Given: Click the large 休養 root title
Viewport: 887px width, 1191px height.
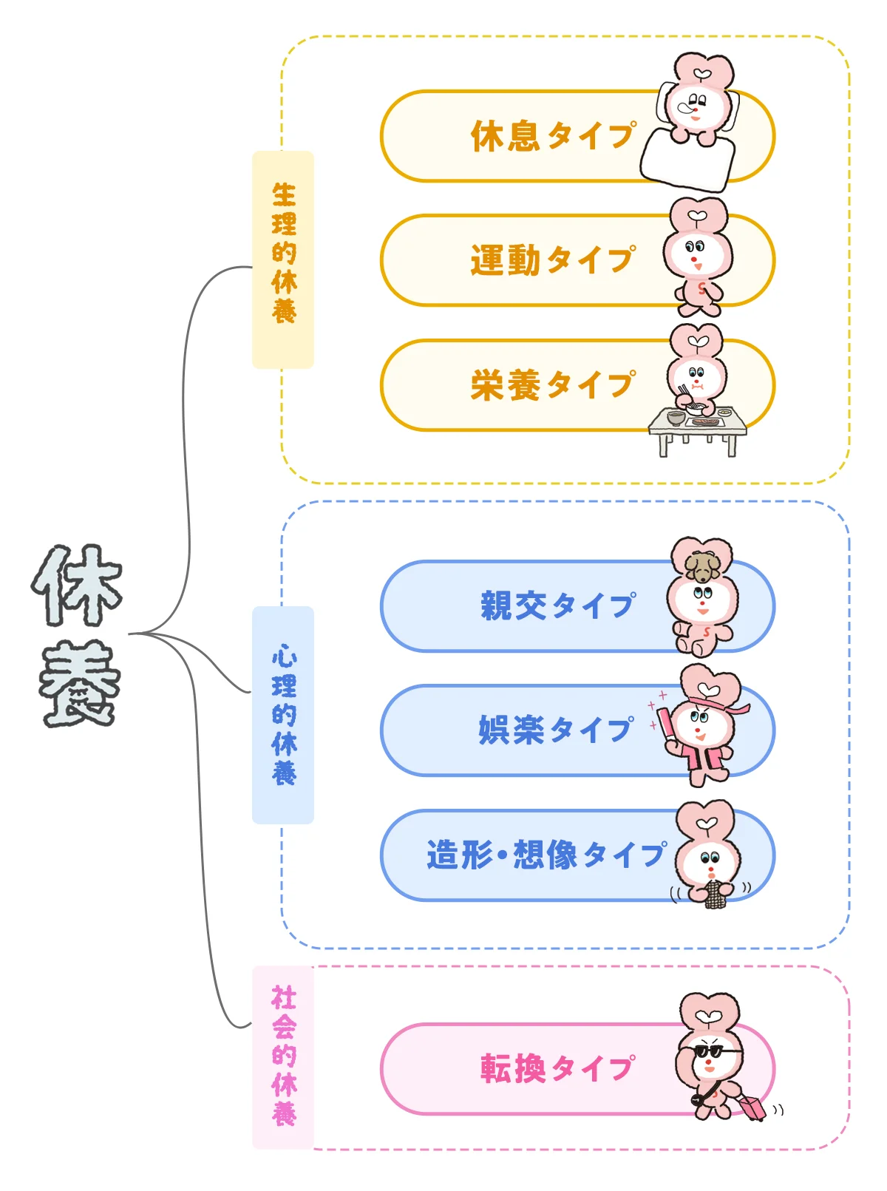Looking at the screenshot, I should click(x=78, y=636).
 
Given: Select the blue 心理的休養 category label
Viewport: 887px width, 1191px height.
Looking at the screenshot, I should click(x=283, y=714).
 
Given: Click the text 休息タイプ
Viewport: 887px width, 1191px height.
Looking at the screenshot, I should click(x=553, y=137).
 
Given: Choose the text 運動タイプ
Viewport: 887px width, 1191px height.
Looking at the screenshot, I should click(x=553, y=260).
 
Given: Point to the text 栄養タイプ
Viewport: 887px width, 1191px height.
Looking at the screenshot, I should click(x=553, y=385).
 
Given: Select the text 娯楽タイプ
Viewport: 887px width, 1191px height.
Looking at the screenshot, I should click(x=556, y=730).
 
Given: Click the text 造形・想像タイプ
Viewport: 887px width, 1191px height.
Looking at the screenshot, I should click(x=547, y=855).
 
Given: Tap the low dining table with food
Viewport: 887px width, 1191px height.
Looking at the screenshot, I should click(x=697, y=429).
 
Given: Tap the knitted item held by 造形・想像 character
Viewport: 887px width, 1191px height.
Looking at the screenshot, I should click(x=713, y=894).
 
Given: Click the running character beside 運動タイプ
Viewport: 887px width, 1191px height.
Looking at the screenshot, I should click(x=696, y=255).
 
